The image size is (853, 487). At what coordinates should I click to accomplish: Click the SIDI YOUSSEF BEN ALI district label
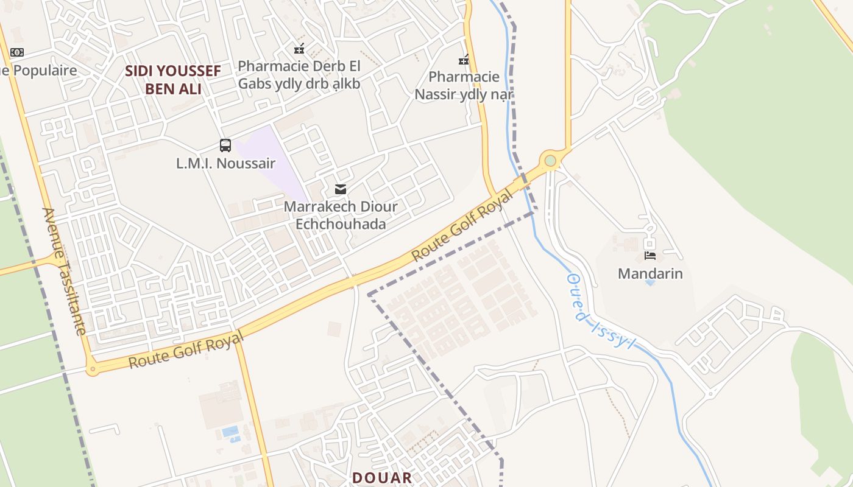point(173,80)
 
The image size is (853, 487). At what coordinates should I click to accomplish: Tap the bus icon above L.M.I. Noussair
point(225,145)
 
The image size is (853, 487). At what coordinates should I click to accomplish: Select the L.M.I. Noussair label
point(225,163)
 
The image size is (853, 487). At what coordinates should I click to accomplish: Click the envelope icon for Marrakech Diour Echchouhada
point(341,189)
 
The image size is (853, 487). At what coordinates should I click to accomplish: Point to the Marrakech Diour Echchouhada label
point(341,215)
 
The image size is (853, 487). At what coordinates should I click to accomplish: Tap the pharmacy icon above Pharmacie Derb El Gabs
point(299,48)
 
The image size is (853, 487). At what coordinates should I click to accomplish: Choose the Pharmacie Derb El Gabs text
point(299,74)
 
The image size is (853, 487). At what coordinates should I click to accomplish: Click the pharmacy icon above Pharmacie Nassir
point(464,60)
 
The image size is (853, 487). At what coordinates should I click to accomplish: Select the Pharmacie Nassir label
point(464,86)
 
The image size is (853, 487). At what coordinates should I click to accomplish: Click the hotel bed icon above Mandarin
point(650,256)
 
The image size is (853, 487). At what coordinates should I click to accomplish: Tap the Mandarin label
point(650,273)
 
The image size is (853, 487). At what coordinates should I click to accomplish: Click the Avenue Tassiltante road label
point(64,271)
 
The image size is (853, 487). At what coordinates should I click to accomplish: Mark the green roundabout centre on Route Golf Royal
point(550,161)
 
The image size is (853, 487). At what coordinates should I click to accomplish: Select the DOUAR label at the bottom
point(382,478)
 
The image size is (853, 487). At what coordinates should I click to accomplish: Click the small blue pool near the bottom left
point(230,431)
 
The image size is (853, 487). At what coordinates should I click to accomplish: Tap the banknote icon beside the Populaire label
point(17,52)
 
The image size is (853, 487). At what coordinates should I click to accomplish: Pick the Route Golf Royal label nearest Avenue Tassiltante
point(186,350)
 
